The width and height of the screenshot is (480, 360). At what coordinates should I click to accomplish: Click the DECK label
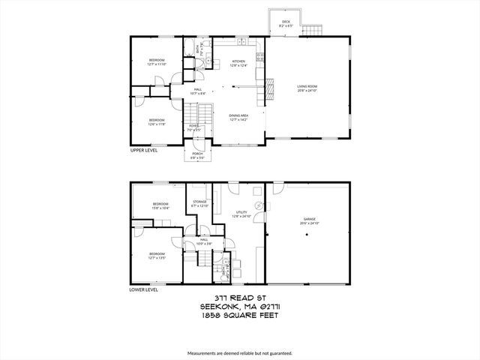286,22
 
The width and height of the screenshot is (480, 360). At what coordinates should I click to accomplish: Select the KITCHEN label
238,61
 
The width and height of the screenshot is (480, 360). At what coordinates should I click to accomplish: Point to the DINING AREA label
238,115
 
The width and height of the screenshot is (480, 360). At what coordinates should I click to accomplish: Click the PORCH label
196,154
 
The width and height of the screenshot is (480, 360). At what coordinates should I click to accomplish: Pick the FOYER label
193,126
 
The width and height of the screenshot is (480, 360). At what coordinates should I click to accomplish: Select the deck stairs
313,30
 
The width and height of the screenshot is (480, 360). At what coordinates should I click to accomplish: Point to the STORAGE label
199,202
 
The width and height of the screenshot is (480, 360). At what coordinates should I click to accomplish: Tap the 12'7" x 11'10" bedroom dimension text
156,64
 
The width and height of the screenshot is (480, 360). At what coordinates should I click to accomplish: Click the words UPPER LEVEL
143,151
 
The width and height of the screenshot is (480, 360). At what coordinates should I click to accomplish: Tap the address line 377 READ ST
239,298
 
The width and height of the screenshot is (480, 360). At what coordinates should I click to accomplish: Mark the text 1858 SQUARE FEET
239,316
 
